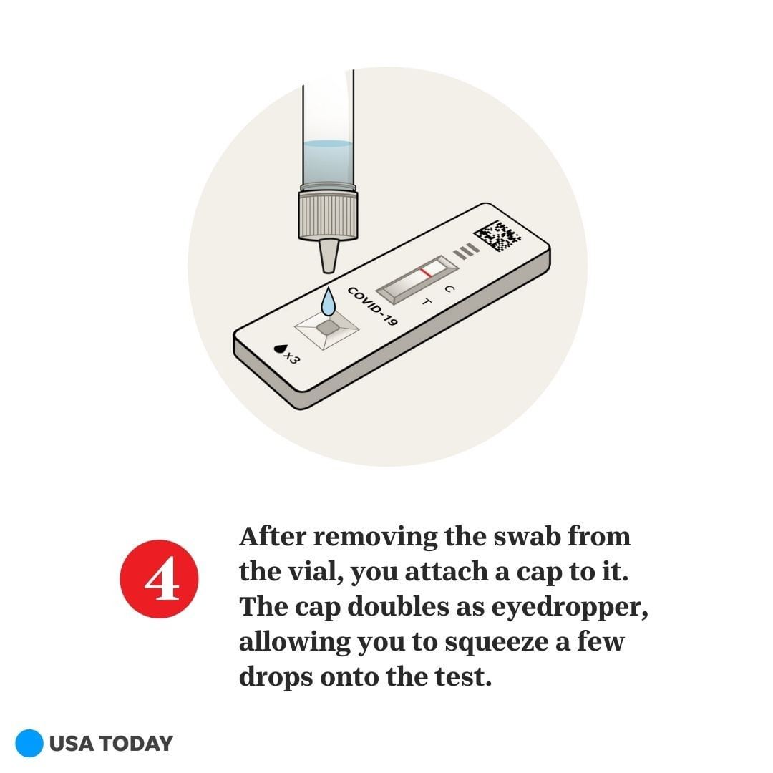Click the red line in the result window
point(426,272)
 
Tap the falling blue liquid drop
point(329,302)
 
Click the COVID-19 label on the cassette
point(373,306)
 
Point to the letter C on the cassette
point(449,289)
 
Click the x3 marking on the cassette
point(291,358)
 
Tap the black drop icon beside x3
point(280,349)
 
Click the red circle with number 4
point(159,579)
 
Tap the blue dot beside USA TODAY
point(29,743)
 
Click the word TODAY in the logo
point(138,744)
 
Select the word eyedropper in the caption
point(570,608)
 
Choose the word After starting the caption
point(273,536)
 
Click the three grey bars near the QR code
point(466,251)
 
